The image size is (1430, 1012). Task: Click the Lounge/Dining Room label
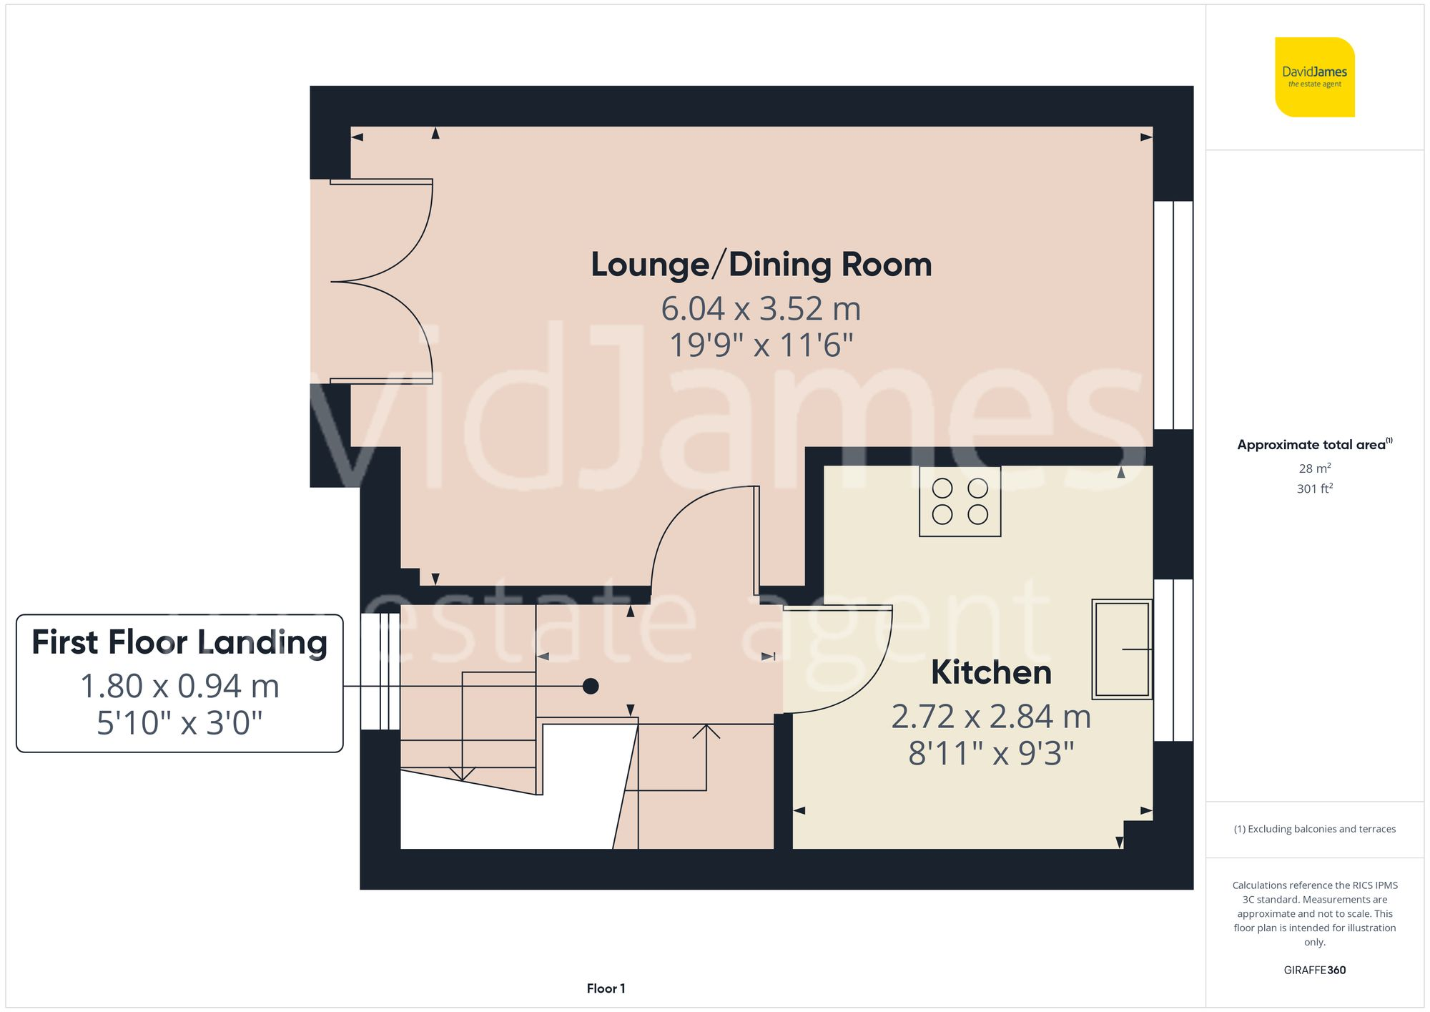coord(761,265)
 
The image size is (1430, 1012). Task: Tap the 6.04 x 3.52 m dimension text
coord(761,309)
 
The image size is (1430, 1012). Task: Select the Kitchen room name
coord(991,672)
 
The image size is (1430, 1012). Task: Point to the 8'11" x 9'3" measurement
coord(991,753)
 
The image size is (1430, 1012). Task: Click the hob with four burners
coord(960,501)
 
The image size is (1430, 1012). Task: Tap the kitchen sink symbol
coord(1121,649)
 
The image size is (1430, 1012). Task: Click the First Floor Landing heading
coord(179,642)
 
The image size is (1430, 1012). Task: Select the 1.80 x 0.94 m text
coord(179,686)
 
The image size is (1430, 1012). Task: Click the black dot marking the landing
coord(591,686)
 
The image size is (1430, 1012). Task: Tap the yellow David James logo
coord(1314,77)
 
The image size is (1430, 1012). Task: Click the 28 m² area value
coord(1314,468)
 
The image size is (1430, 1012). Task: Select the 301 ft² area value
coord(1314,488)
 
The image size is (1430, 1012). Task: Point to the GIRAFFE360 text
coord(1314,970)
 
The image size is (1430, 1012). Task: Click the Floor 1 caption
coord(606,988)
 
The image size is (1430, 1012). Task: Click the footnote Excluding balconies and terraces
coord(1314,829)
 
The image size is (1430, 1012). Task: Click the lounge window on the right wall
coord(1173,315)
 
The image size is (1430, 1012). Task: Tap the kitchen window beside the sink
coord(1173,659)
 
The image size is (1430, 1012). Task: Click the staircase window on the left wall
coord(380,671)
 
